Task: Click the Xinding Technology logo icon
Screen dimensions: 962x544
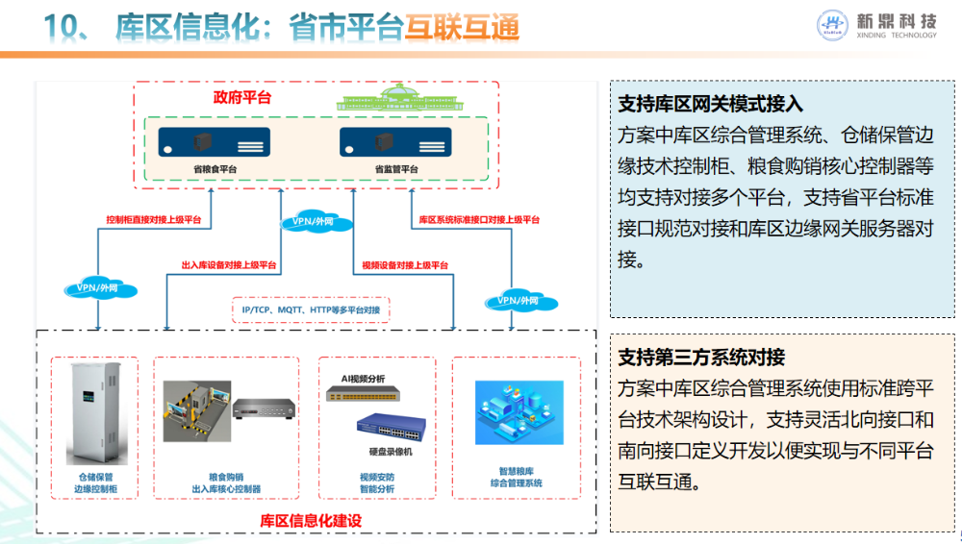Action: (x=832, y=25)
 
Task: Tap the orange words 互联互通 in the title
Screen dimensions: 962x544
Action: (x=462, y=28)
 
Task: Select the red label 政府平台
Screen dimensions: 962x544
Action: (x=241, y=97)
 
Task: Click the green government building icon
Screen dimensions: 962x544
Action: (x=399, y=97)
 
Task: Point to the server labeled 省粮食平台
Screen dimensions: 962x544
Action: (x=215, y=141)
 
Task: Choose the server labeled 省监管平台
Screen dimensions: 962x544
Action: (x=395, y=141)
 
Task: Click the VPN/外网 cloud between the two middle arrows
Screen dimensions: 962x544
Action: (x=316, y=222)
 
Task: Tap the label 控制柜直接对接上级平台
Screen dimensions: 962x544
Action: (x=153, y=219)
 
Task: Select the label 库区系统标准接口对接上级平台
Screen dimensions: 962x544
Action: (x=479, y=219)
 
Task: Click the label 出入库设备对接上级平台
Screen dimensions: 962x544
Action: (x=229, y=265)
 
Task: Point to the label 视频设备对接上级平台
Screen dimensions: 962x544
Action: (x=405, y=265)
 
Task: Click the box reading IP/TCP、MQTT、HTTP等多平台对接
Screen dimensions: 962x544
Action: (x=311, y=309)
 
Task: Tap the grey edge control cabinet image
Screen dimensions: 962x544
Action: (x=94, y=412)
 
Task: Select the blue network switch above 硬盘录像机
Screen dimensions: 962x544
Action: (x=392, y=427)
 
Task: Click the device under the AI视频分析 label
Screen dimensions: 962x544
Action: (x=363, y=393)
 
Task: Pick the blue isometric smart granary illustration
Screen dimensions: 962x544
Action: (x=519, y=412)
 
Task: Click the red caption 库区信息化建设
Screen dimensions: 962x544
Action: (x=311, y=521)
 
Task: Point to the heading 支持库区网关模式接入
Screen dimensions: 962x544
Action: (x=710, y=104)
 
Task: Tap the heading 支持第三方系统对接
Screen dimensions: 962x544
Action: (x=700, y=357)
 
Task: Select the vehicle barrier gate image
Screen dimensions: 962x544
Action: (x=197, y=411)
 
